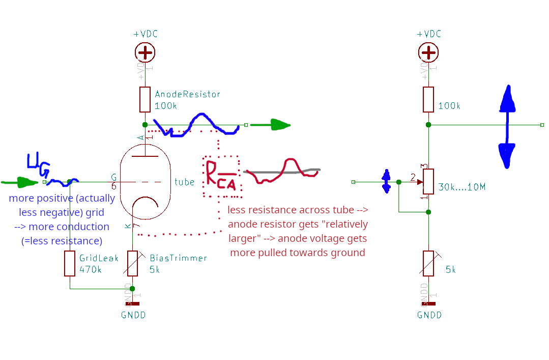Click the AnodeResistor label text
tap(187, 94)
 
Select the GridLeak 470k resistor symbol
tap(70, 263)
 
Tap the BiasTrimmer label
tap(178, 258)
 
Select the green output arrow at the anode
tap(273, 125)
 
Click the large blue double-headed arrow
tap(507, 127)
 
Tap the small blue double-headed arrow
tap(386, 182)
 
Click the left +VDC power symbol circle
tap(146, 52)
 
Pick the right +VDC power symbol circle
tap(429, 52)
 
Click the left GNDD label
tap(133, 315)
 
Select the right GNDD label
tap(429, 315)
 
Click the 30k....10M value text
tap(461, 187)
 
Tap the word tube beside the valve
tap(184, 182)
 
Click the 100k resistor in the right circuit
tap(428, 99)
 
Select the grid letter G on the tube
tap(114, 177)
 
